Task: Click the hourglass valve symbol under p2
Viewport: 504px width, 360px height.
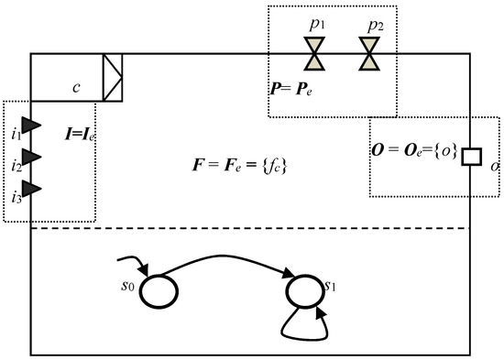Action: (370, 54)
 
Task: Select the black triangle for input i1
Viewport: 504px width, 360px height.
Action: (31, 124)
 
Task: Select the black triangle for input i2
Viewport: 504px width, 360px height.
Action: (31, 156)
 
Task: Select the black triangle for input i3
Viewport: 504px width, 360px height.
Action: (31, 189)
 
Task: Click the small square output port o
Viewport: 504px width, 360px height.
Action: (470, 157)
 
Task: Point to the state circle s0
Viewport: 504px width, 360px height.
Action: (162, 289)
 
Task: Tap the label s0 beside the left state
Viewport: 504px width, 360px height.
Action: (130, 286)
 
